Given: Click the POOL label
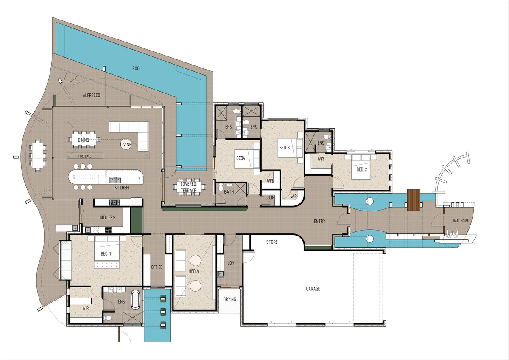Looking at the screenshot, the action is (137, 68).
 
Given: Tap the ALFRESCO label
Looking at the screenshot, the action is (91, 96).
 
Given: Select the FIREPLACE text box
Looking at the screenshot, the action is (85, 156).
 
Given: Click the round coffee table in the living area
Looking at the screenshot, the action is (126, 144).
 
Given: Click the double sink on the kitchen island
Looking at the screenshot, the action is (115, 180).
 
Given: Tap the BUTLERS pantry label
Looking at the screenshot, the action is (107, 218).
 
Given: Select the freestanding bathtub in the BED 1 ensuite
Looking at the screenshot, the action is (136, 299).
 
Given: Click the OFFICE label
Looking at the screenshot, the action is (157, 267).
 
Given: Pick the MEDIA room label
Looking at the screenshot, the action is (193, 271).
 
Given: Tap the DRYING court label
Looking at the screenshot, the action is (229, 299).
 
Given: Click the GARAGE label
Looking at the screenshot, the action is (313, 289).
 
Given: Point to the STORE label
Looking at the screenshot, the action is (272, 242).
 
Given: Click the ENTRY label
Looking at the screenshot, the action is (319, 221).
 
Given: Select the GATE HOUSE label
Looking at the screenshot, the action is (461, 221).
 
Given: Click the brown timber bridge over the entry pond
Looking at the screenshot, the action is (414, 200).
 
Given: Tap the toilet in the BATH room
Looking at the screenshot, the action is (221, 187).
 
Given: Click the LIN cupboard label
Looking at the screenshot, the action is (272, 198).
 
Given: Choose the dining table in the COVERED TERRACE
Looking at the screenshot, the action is (188, 187).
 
